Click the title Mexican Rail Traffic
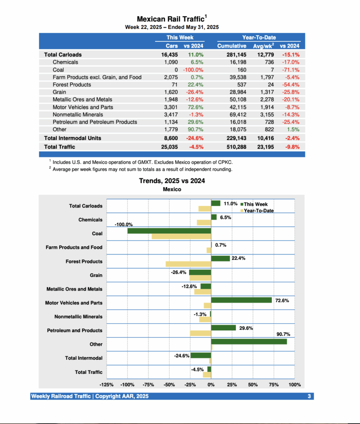pyautogui.click(x=170, y=19)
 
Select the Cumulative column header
pyautogui.click(x=231, y=46)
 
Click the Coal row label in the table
pyautogui.click(x=58, y=70)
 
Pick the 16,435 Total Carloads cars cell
pyautogui.click(x=169, y=55)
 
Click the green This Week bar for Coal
pyautogui.click(x=169, y=231)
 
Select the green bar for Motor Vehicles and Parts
pyautogui.click(x=241, y=300)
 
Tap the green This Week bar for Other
pyautogui.click(x=249, y=342)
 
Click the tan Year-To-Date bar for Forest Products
pyautogui.click(x=188, y=264)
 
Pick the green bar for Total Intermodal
pyautogui.click(x=201, y=355)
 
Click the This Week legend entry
pyautogui.click(x=255, y=204)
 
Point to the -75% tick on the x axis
pyautogui.click(x=148, y=385)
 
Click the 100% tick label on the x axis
pyautogui.click(x=295, y=385)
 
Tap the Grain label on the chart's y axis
pyautogui.click(x=96, y=275)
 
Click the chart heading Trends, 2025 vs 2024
pyautogui.click(x=172, y=181)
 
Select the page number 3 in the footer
pyautogui.click(x=309, y=396)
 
